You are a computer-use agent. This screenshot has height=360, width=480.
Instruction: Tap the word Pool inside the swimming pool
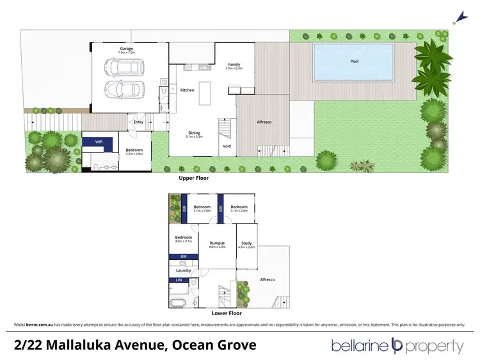point(354,61)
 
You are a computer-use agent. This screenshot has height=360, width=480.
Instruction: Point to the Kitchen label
point(187,90)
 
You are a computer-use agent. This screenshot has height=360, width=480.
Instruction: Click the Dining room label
point(193,134)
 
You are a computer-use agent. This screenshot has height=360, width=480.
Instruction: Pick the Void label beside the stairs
point(227,146)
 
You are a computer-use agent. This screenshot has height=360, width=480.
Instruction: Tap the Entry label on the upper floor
point(139,122)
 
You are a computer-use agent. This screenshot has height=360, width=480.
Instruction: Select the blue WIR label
point(99,141)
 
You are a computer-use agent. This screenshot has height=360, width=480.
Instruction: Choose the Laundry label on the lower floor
point(183,270)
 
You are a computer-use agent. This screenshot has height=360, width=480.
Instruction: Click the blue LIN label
point(179,280)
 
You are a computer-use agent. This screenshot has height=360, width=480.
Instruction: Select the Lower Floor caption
point(227,314)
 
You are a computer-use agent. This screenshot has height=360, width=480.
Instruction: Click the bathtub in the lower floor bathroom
point(180,301)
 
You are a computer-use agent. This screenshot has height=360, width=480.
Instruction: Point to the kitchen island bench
point(206,94)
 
